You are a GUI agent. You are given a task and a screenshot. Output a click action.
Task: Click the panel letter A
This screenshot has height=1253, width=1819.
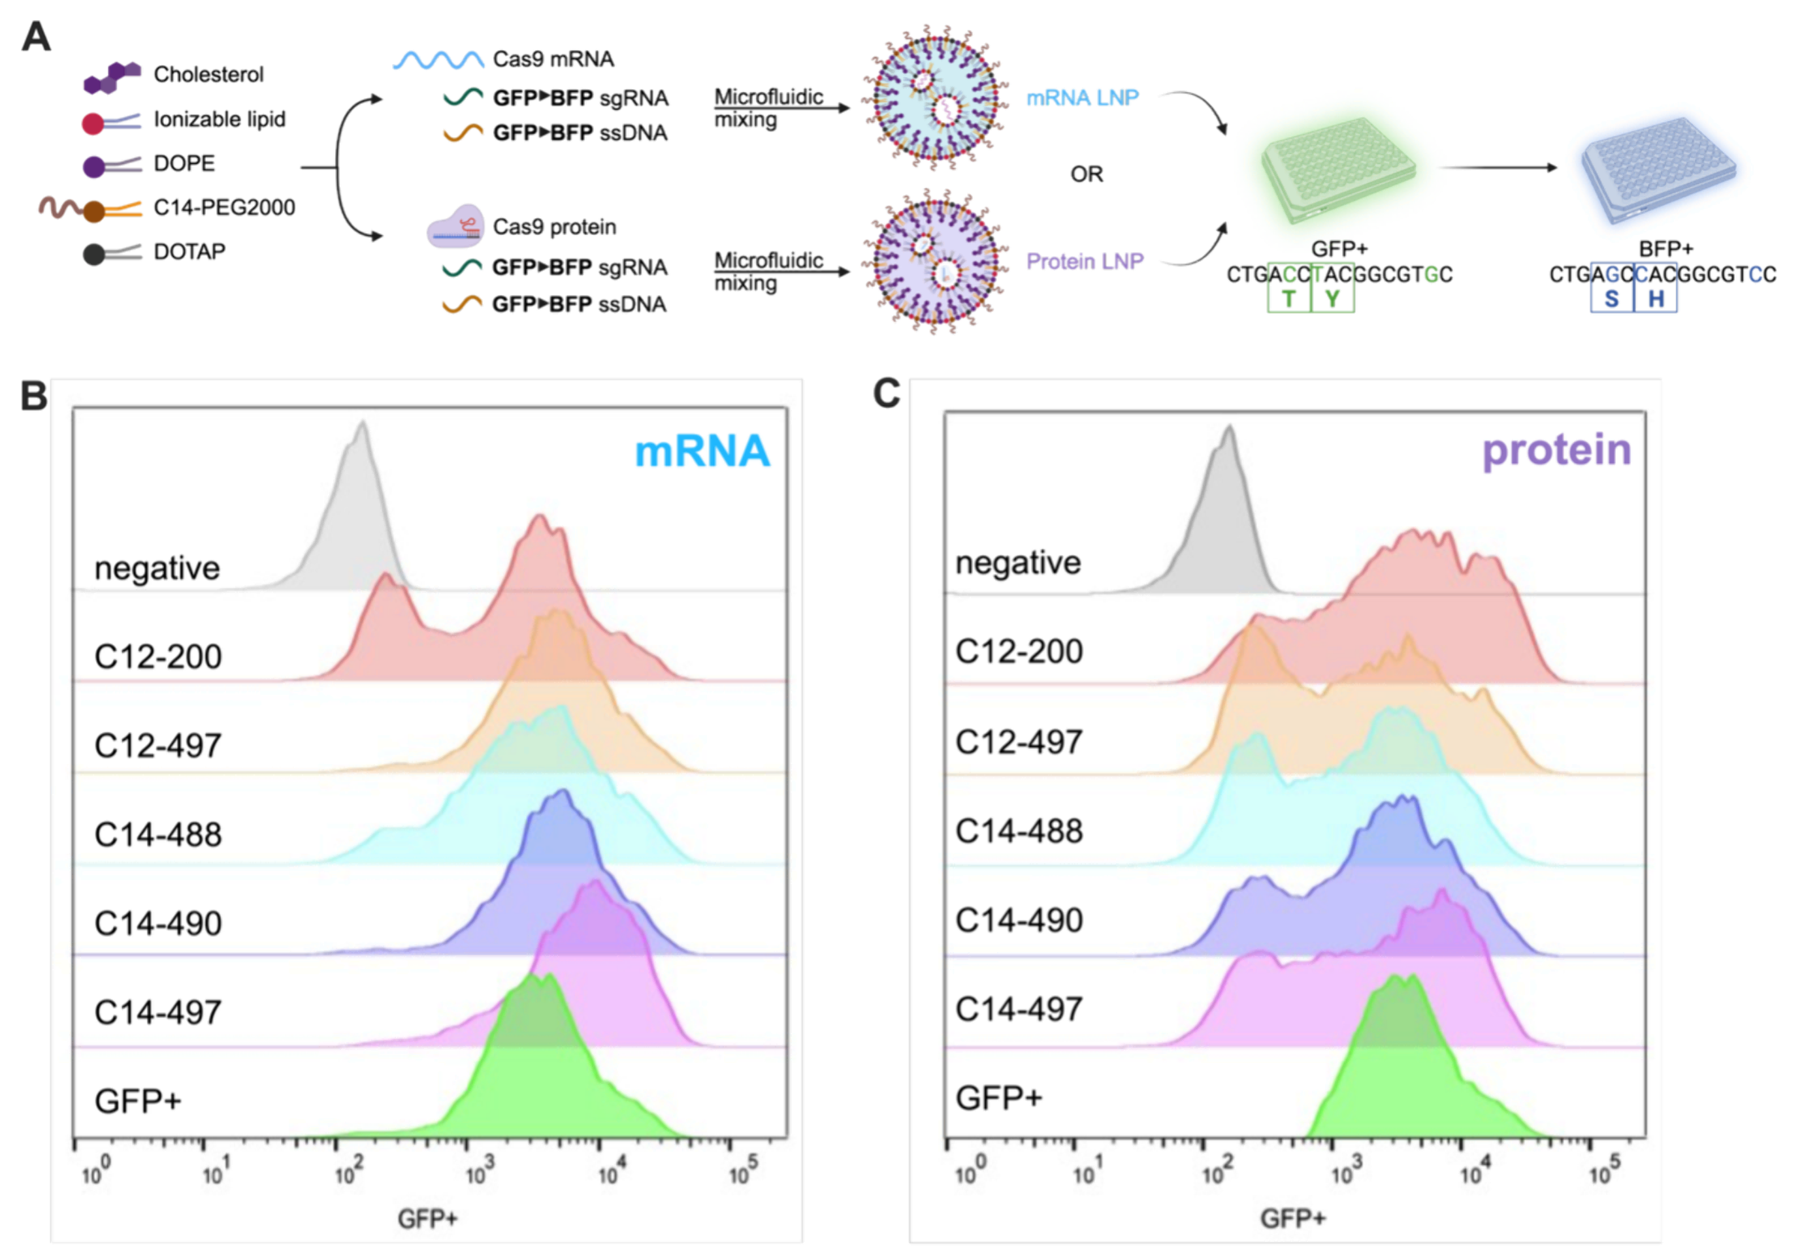coord(36,37)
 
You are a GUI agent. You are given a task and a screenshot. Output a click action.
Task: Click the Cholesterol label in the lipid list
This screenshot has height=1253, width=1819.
coord(208,74)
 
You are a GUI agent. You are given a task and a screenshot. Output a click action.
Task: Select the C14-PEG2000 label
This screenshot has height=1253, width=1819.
coord(225,207)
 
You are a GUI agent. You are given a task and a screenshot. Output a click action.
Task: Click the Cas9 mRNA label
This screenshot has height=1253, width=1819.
coord(553,59)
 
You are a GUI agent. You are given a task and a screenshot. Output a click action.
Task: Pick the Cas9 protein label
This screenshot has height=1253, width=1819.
coord(553,227)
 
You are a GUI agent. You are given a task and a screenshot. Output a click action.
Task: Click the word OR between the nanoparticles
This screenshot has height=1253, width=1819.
coord(1086,174)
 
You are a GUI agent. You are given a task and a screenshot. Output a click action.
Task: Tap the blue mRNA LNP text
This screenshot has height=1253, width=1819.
coord(1081,98)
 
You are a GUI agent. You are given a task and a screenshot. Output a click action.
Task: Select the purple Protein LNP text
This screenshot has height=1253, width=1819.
coord(1085,261)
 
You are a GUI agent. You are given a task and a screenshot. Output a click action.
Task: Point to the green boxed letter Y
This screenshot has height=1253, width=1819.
coord(1332,299)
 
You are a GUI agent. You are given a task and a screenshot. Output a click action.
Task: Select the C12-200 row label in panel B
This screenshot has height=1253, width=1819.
coord(158,656)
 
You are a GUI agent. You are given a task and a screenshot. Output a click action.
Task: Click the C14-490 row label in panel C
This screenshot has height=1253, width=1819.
coord(1019,920)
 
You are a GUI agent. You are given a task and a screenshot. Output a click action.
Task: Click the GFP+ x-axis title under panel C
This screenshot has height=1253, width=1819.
coord(1293,1218)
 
